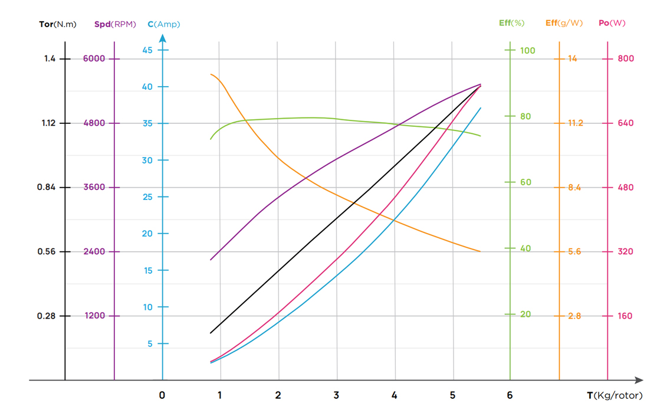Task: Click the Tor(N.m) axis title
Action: point(58,24)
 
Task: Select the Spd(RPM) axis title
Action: point(115,24)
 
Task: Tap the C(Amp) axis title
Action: point(164,24)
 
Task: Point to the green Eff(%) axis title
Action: point(511,23)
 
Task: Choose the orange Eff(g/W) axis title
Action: point(564,23)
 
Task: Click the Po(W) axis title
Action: point(612,23)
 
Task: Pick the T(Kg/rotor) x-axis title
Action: point(615,395)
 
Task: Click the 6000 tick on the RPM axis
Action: point(94,58)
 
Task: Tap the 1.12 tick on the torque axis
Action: point(48,123)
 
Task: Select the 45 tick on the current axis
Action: point(147,50)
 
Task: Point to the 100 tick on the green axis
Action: point(527,50)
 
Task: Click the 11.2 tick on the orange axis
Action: point(575,123)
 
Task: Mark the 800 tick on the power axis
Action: point(626,58)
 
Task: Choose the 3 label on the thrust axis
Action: point(336,395)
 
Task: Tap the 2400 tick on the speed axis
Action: point(94,251)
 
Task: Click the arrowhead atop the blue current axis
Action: point(163,38)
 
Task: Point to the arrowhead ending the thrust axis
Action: point(639,381)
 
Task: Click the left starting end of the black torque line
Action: point(211,333)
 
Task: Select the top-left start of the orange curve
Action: point(211,74)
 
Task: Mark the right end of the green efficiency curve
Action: point(481,136)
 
